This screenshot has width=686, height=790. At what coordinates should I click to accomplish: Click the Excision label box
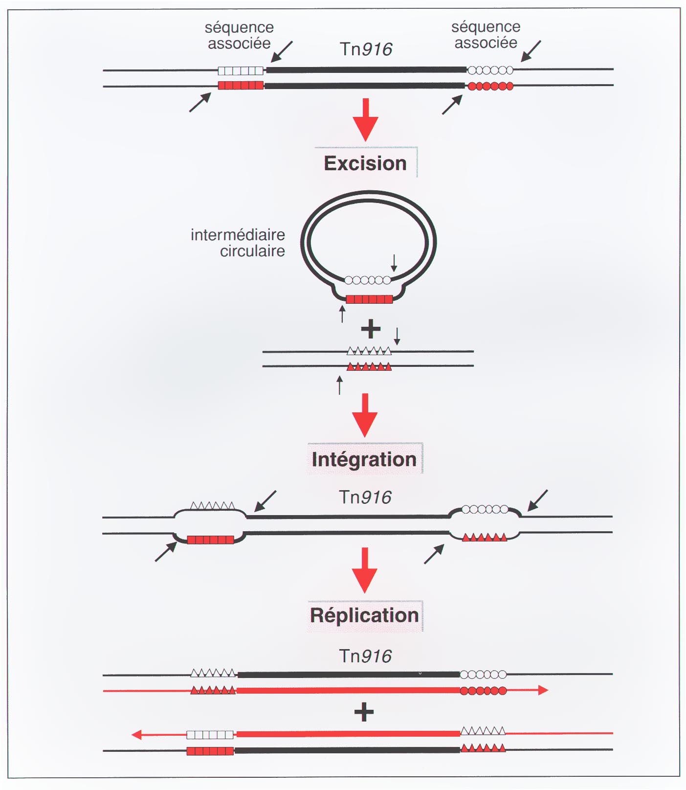click(365, 163)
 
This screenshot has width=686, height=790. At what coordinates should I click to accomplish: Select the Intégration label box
click(364, 459)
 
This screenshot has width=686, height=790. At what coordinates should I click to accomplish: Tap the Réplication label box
click(365, 615)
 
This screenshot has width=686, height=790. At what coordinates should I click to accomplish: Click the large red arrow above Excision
click(365, 120)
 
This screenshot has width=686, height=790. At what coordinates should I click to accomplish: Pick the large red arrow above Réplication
click(365, 570)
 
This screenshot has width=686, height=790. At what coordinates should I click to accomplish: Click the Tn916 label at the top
click(366, 49)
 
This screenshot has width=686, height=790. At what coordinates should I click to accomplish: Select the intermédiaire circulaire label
click(238, 243)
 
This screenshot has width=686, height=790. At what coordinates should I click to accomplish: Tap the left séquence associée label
click(239, 35)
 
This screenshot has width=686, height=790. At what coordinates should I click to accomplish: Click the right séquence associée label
click(486, 35)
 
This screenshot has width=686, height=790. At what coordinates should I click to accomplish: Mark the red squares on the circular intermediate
click(369, 299)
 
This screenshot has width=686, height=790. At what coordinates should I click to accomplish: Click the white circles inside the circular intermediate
click(368, 280)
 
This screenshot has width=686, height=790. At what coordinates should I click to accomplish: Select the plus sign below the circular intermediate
click(371, 329)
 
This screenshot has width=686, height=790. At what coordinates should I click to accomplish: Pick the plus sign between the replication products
click(364, 712)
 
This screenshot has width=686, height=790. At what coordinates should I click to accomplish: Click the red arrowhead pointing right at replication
click(543, 690)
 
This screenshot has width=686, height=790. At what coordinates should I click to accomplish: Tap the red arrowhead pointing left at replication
click(137, 735)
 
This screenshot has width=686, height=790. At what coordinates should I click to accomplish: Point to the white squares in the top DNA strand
click(241, 70)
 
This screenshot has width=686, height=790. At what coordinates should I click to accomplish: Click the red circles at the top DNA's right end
click(490, 87)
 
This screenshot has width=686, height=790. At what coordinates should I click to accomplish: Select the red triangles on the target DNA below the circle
click(369, 366)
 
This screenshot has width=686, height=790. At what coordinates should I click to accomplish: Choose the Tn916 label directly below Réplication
click(365, 656)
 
